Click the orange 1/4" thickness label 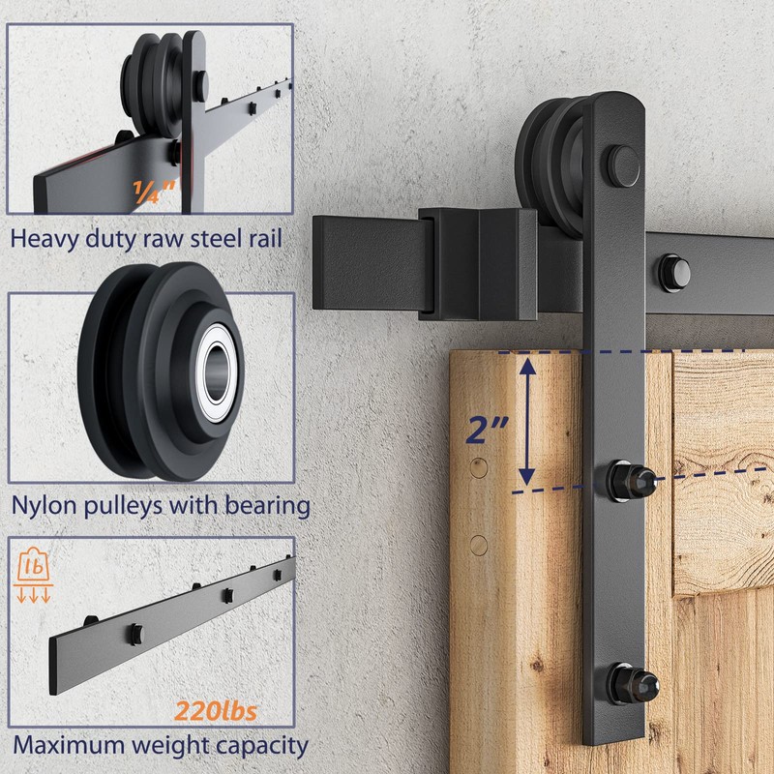[x=155, y=192]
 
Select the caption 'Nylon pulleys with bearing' [x=161, y=505]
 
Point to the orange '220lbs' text [x=216, y=713]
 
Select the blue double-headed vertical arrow [x=527, y=420]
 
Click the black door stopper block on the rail [x=479, y=262]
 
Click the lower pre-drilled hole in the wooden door [x=478, y=545]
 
